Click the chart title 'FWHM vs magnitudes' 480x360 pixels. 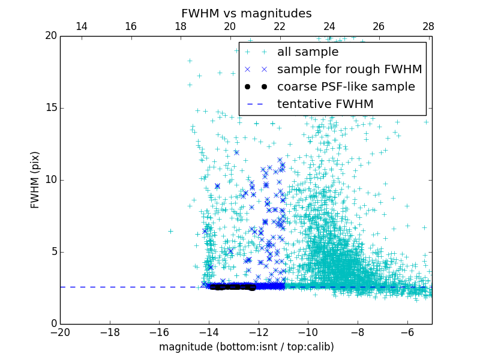(x=246, y=13)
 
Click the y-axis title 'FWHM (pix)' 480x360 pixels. (x=35, y=179)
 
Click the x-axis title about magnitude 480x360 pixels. (x=246, y=347)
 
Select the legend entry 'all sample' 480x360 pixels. (x=307, y=52)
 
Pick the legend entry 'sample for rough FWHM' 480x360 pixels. (x=349, y=70)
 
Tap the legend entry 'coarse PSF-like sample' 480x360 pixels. (x=346, y=87)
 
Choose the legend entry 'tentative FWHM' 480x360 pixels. (x=325, y=104)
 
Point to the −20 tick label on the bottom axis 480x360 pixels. (x=60, y=332)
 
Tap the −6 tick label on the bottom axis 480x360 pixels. (x=407, y=332)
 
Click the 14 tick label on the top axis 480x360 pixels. (x=81, y=26)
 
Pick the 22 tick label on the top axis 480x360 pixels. (x=280, y=26)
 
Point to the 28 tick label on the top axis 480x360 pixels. (x=428, y=26)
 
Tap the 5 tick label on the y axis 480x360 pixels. (x=53, y=252)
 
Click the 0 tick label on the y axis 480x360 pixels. (x=53, y=324)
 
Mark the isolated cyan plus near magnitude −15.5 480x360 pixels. (x=170, y=231)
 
